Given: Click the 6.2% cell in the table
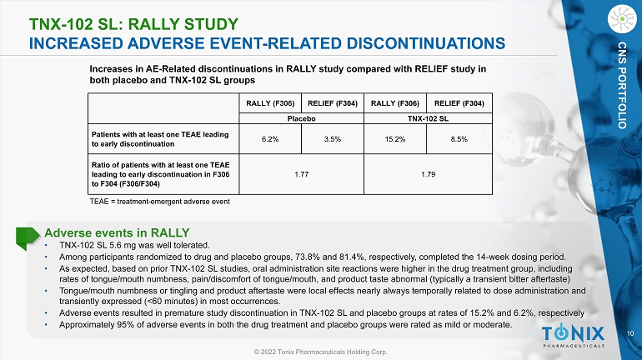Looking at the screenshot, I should click(x=269, y=140).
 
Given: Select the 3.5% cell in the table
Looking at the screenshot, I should click(x=332, y=140).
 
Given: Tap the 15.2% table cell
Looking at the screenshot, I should click(x=394, y=140).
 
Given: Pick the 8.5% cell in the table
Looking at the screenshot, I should click(x=458, y=140).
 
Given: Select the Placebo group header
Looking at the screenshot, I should click(x=301, y=118).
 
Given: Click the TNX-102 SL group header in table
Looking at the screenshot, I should click(x=426, y=118).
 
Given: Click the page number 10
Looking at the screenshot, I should click(x=629, y=334).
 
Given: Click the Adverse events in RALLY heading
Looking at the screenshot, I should click(x=117, y=232).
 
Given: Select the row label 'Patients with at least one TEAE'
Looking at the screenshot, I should click(x=158, y=140).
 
